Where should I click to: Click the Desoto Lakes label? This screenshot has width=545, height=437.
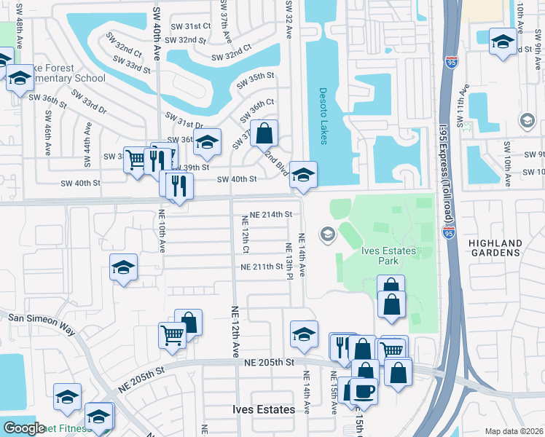324,116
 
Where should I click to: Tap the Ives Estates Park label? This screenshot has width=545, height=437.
389,256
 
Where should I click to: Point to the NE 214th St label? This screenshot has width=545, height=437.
270,215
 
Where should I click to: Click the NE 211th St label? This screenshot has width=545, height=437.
262,267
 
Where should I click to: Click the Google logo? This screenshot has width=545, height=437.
23,428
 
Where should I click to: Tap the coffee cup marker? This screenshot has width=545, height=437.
364,390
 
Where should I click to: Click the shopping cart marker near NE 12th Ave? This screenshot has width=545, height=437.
172,335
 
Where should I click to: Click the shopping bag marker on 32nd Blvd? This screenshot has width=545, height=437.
265,133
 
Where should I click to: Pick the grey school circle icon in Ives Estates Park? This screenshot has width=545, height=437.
326,234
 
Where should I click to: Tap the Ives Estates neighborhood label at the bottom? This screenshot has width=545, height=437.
264,409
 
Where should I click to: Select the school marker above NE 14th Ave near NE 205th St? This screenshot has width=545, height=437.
304,334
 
